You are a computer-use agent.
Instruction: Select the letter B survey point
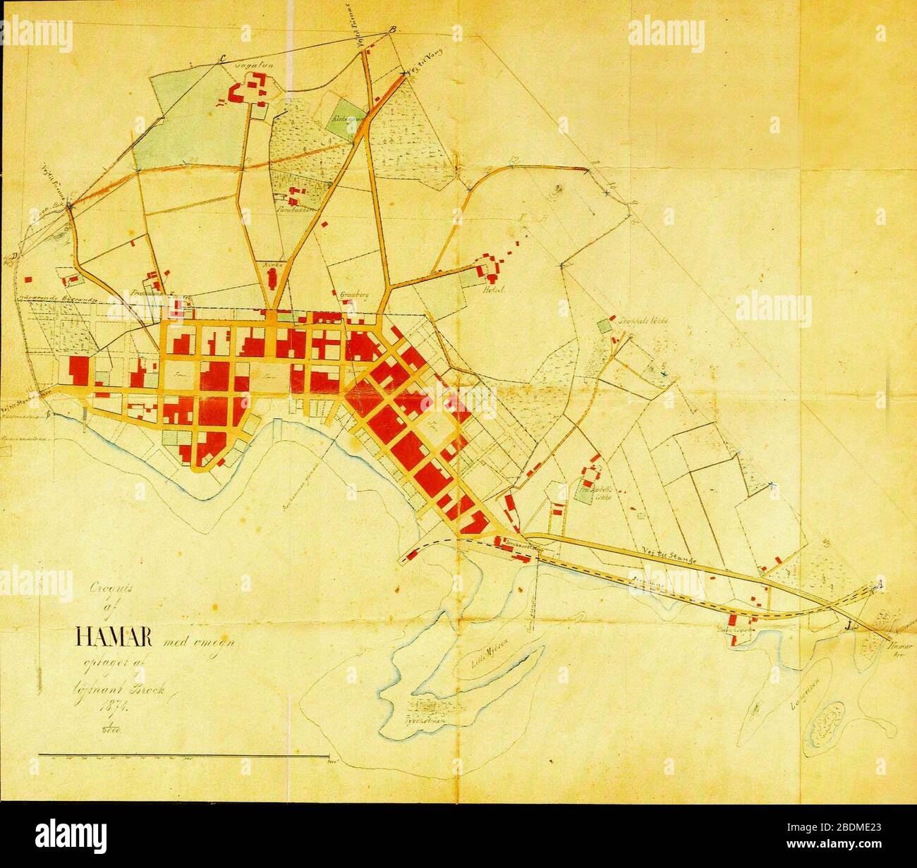(394, 29)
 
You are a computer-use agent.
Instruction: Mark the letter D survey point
(14, 256)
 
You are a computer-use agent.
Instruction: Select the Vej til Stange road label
(673, 557)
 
